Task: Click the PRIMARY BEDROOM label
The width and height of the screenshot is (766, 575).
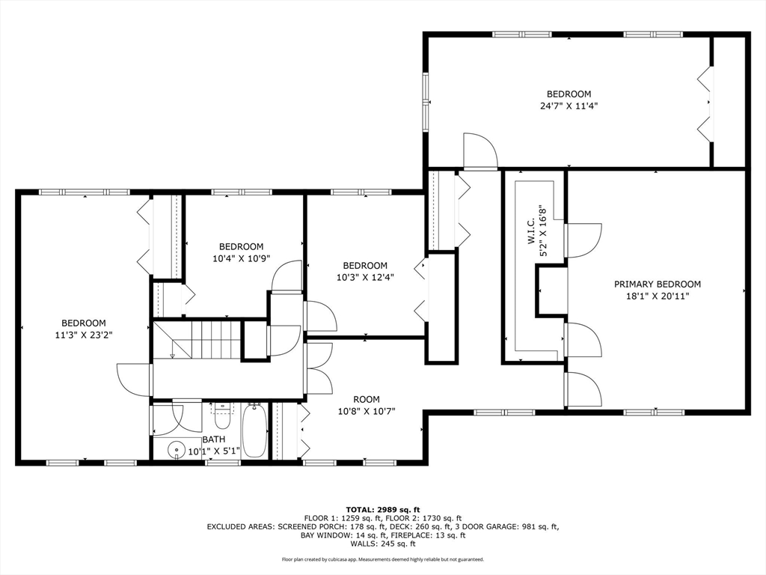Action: [657, 284]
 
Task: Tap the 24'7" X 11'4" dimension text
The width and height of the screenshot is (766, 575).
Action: [569, 106]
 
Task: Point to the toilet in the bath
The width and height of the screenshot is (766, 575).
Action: [222, 416]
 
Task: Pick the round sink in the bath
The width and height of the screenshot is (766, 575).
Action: [176, 449]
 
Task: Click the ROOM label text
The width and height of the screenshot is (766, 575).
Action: [367, 400]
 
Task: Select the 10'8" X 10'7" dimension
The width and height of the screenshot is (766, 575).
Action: [367, 411]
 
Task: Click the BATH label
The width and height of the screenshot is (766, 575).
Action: [213, 439]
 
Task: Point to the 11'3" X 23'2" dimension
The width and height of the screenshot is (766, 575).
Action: [84, 335]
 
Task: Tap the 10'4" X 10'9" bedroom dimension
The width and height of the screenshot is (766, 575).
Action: [241, 258]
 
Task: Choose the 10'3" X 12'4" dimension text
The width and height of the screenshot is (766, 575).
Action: [365, 277]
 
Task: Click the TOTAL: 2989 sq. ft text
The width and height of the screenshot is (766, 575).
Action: [383, 509]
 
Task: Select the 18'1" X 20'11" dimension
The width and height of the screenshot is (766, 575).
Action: [657, 296]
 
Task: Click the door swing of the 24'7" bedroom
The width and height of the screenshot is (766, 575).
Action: [480, 150]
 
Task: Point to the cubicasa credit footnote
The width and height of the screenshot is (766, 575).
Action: [383, 559]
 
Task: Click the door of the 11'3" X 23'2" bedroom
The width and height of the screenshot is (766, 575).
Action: [133, 380]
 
